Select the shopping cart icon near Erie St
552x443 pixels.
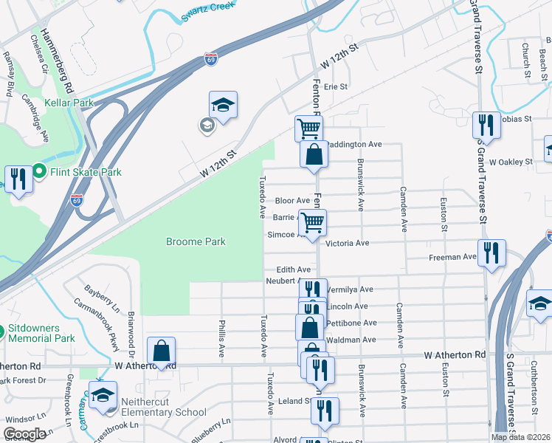[308, 128]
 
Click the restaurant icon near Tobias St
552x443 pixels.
[486, 125]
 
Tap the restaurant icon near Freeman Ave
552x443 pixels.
[491, 253]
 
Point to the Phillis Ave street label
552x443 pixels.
[221, 339]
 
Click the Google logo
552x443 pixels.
[25, 434]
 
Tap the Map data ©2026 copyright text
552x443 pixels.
[521, 437]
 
